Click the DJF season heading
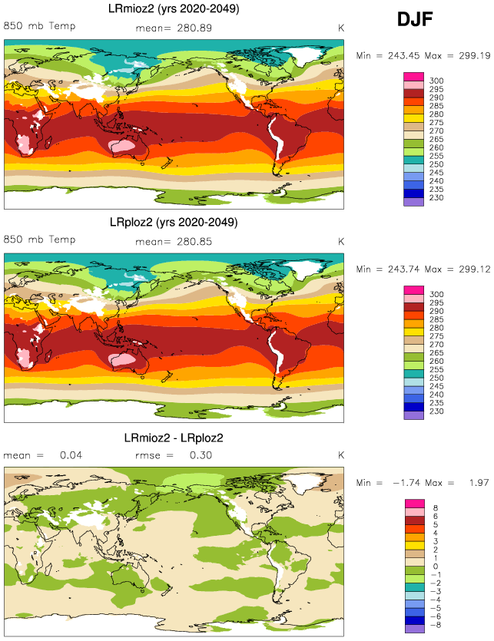415,20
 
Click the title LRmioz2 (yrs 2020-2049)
174,9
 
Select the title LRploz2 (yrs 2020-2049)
174,222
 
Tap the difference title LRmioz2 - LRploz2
174,438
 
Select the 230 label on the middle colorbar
436,411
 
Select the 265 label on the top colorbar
436,140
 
